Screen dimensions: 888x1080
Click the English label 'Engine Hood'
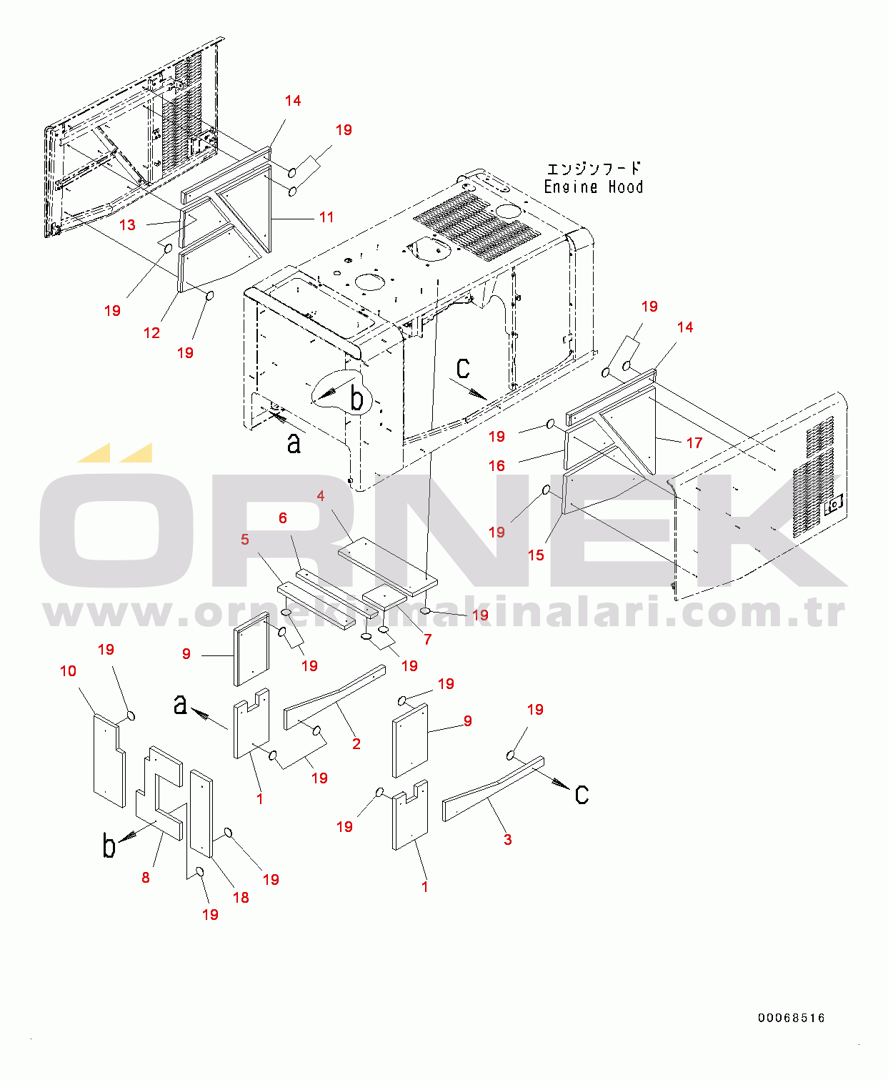pyautogui.click(x=593, y=187)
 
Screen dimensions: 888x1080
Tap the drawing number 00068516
pyautogui.click(x=792, y=1018)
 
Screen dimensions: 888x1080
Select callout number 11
pyautogui.click(x=326, y=217)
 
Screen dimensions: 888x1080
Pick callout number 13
pyautogui.click(x=127, y=225)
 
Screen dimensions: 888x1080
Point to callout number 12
pyautogui.click(x=151, y=333)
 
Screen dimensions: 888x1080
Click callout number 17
pyautogui.click(x=694, y=442)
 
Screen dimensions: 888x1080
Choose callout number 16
pyautogui.click(x=497, y=465)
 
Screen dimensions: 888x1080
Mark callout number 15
pyautogui.click(x=536, y=555)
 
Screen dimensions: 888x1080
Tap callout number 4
pyautogui.click(x=320, y=496)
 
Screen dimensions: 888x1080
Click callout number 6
pyautogui.click(x=282, y=517)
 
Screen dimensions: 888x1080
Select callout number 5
pyautogui.click(x=244, y=539)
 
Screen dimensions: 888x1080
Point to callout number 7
pyautogui.click(x=427, y=639)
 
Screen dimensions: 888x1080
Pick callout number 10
pyautogui.click(x=68, y=671)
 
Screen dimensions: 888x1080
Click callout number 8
pyautogui.click(x=145, y=877)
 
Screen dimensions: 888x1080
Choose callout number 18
pyautogui.click(x=241, y=897)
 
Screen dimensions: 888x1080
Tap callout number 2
pyautogui.click(x=356, y=743)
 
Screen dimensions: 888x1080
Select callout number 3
pyautogui.click(x=507, y=839)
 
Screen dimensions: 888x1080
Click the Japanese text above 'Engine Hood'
pyautogui.click(x=594, y=168)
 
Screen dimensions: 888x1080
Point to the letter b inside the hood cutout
pyautogui.click(x=356, y=398)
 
